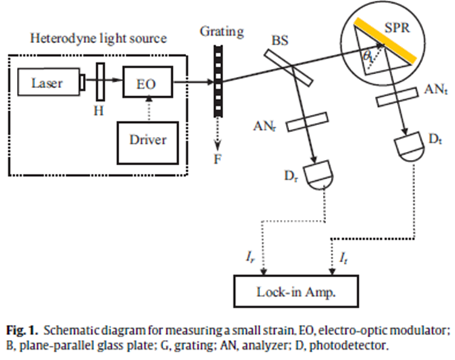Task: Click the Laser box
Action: (47, 84)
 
